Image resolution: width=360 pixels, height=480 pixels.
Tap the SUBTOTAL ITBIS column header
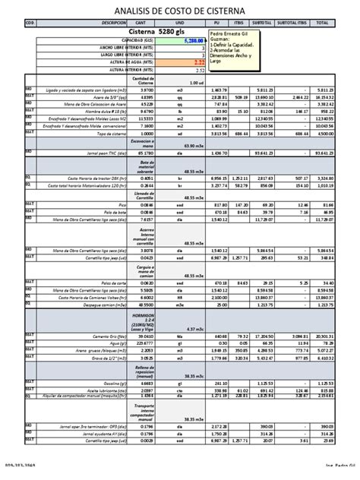click(292, 24)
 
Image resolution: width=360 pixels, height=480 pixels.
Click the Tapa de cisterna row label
click(109, 134)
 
